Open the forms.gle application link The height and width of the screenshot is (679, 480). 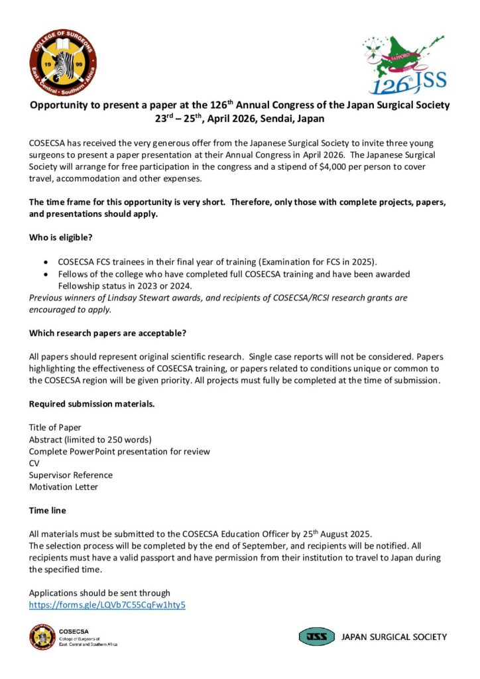(107, 605)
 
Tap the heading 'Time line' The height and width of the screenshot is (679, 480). (47, 511)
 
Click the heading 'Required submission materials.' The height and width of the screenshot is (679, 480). (91, 404)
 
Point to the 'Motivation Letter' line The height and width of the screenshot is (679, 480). (64, 487)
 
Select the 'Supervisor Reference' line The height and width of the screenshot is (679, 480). (71, 475)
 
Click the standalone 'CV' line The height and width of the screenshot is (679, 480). (34, 463)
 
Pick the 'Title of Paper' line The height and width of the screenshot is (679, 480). (55, 427)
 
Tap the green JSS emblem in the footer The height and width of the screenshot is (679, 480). (316, 637)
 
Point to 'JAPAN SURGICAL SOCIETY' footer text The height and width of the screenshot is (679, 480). (394, 637)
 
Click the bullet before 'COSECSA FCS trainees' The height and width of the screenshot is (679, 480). (45, 263)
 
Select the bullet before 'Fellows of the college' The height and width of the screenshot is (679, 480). (45, 274)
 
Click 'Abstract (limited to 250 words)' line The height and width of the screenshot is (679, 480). (90, 439)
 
